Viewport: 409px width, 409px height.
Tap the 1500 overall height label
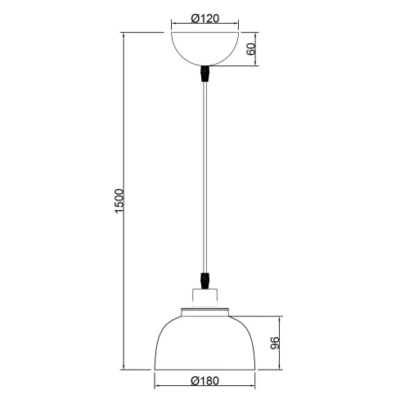click(x=118, y=201)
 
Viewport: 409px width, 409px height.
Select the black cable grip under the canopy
click(x=204, y=76)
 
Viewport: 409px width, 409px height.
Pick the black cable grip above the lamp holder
click(x=204, y=279)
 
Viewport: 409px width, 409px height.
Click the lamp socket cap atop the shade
click(x=204, y=296)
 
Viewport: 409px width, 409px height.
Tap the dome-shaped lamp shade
click(x=204, y=339)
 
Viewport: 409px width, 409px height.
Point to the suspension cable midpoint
click(x=204, y=176)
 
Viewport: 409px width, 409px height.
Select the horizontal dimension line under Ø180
click(x=204, y=388)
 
